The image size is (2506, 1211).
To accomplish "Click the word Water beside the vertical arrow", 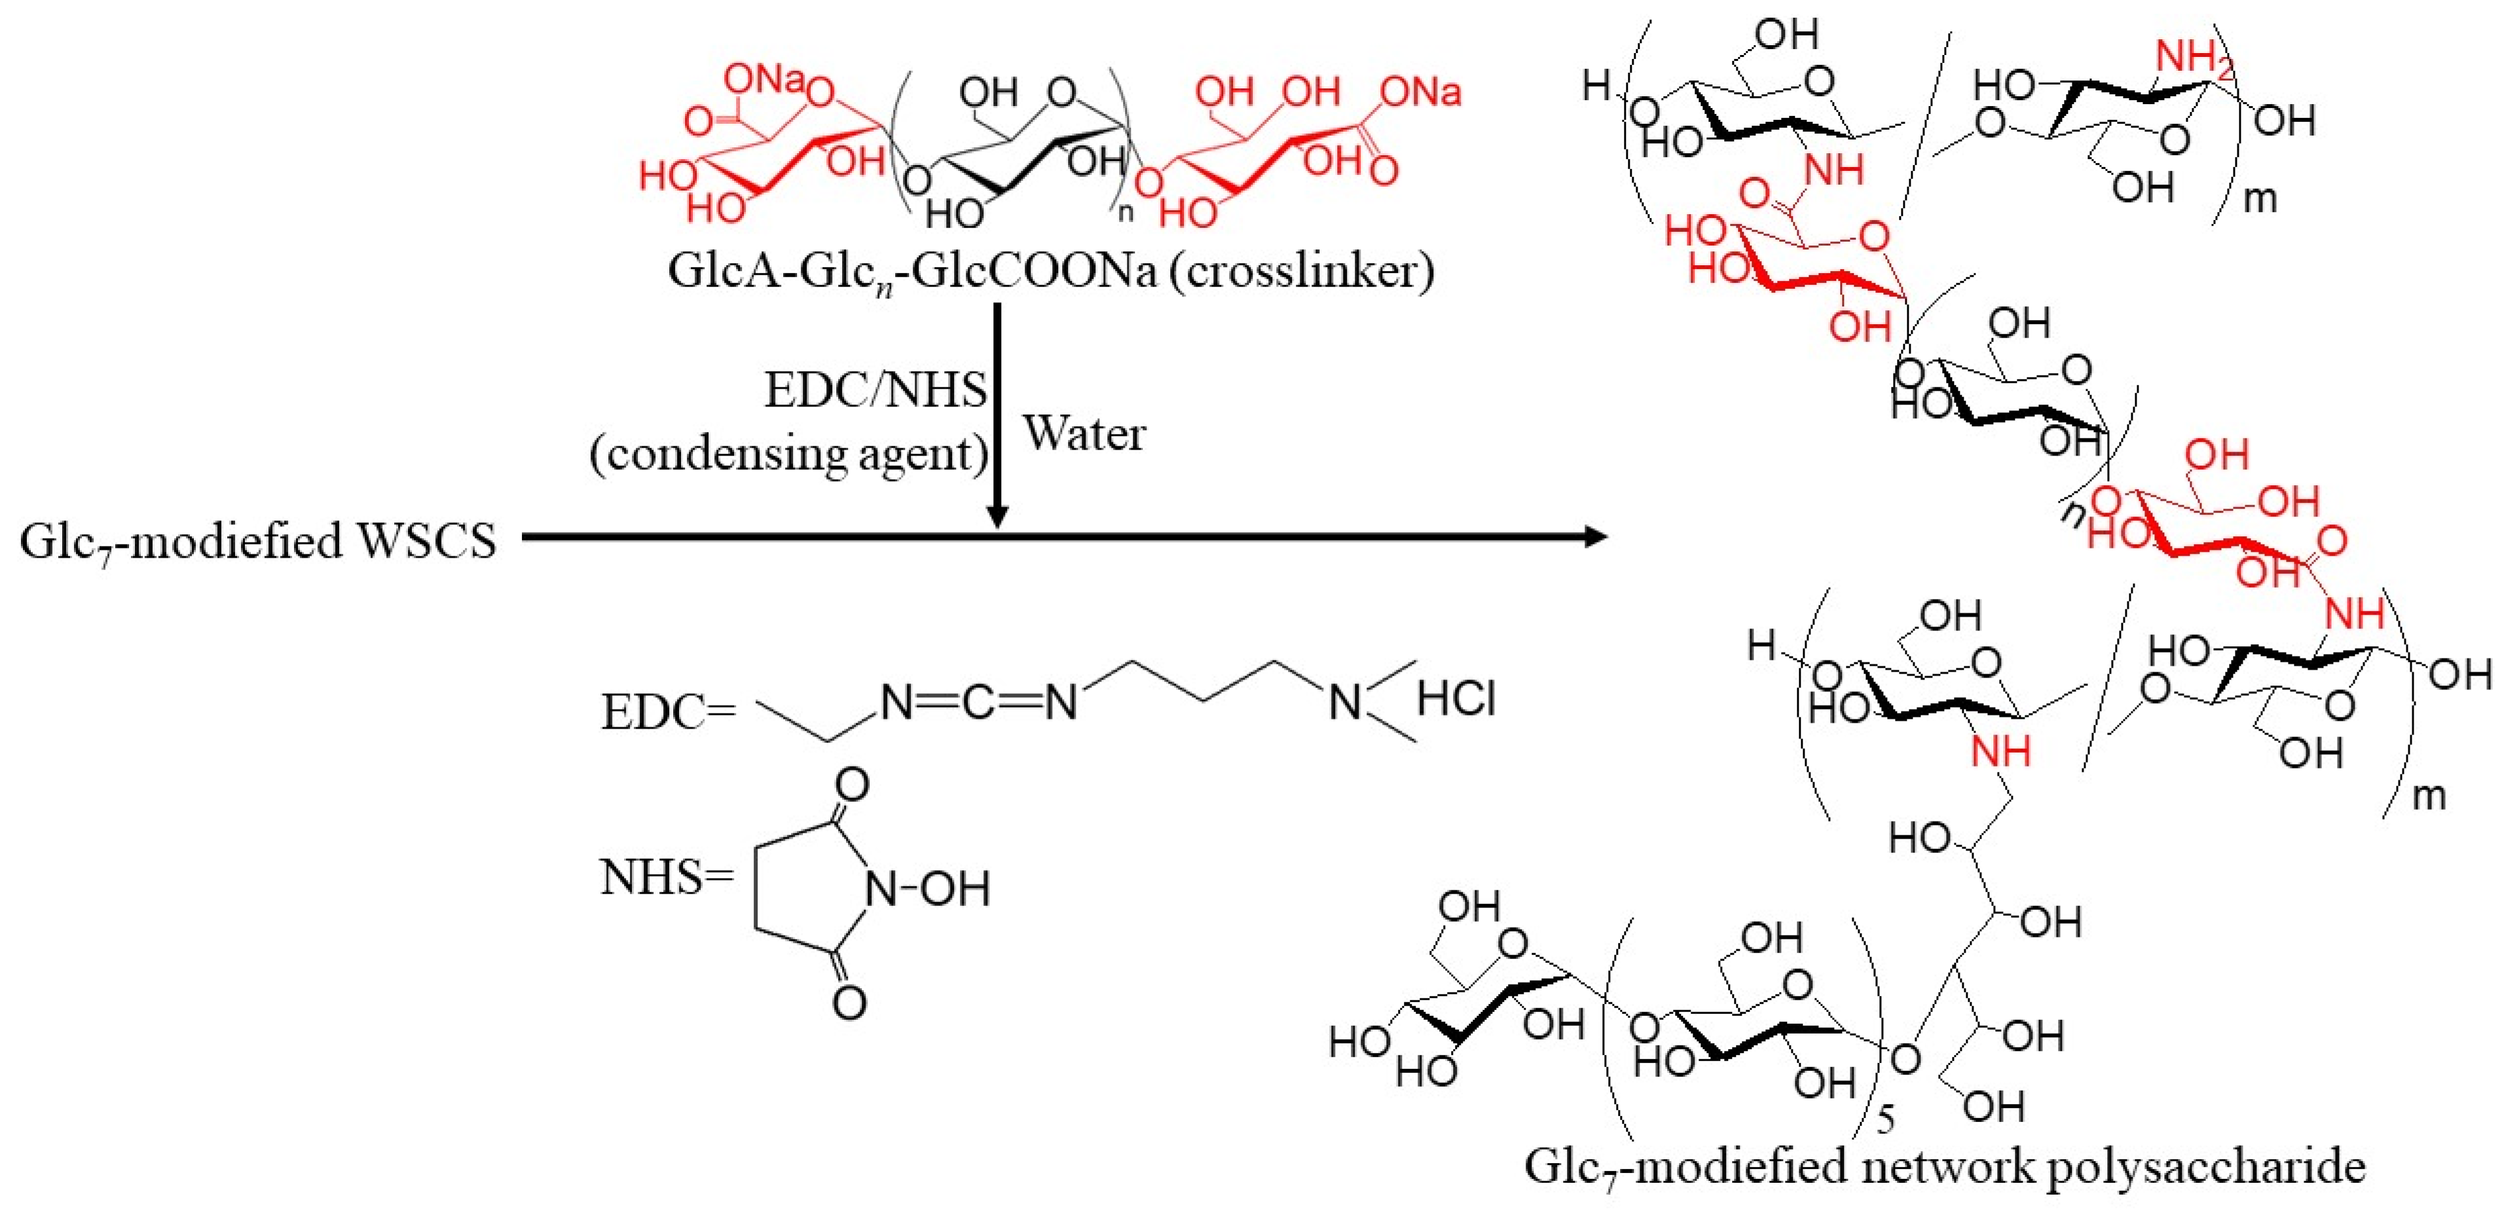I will click(x=1084, y=434).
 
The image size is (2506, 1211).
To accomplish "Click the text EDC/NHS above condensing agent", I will click(x=875, y=391).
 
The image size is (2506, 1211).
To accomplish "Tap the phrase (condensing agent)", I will click(x=789, y=453).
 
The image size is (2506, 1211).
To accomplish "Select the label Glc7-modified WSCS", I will click(x=258, y=542).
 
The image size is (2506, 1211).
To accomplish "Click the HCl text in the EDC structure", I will click(x=1456, y=698).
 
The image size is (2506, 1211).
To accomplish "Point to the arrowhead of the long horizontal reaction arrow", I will click(x=1595, y=536).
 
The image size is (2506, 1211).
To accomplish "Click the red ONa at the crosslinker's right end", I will click(x=1420, y=92).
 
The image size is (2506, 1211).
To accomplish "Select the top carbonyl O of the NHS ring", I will click(x=852, y=785).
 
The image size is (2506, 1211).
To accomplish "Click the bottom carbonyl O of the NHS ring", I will click(x=849, y=1002).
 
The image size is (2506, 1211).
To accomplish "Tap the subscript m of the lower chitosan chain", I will click(x=2429, y=797).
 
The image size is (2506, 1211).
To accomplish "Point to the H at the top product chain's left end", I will click(x=1595, y=86).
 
